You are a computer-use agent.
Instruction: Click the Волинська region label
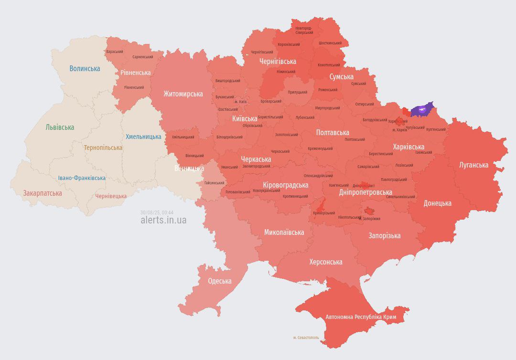click(85, 69)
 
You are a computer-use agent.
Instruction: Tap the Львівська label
click(60, 127)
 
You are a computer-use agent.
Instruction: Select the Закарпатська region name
click(43, 193)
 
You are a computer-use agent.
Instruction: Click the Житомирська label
click(183, 94)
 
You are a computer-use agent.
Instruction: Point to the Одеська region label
click(219, 281)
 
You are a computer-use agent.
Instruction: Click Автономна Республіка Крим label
click(361, 317)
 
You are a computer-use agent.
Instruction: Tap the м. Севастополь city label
click(306, 338)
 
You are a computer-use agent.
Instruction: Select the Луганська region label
click(473, 165)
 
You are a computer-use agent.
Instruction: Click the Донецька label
click(437, 203)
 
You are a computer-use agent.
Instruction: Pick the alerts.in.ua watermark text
click(163, 220)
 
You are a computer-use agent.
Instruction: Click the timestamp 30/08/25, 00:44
click(157, 212)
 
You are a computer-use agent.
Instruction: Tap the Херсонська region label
click(325, 262)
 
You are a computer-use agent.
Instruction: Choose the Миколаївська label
click(284, 233)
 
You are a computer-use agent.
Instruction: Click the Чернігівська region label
click(278, 62)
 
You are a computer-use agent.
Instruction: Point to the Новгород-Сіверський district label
click(304, 31)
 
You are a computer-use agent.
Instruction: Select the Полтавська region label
click(333, 133)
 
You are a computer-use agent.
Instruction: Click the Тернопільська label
click(103, 148)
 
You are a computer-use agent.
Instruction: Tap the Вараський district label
click(115, 52)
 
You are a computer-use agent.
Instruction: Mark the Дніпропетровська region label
click(365, 192)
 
